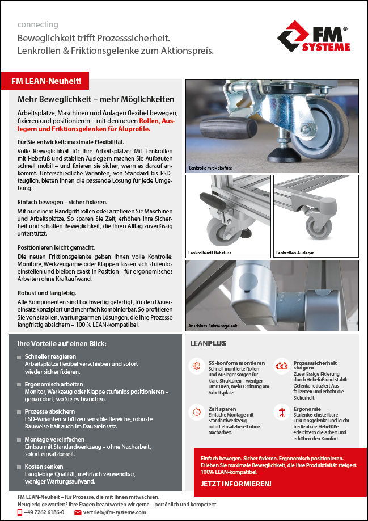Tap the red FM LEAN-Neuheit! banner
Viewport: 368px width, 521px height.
46,81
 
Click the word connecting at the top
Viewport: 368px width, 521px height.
37,24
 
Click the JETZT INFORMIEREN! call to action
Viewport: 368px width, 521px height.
236,484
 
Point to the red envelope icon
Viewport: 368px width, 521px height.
78,512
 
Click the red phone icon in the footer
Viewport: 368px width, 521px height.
20,512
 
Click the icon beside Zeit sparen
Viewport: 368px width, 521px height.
197,411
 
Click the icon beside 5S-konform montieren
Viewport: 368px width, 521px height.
197,365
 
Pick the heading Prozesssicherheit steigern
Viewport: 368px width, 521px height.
315,365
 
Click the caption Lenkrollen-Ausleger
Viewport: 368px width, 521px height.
295,252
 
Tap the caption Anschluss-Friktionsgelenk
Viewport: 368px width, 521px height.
213,326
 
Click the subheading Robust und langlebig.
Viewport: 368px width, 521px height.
45,292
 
